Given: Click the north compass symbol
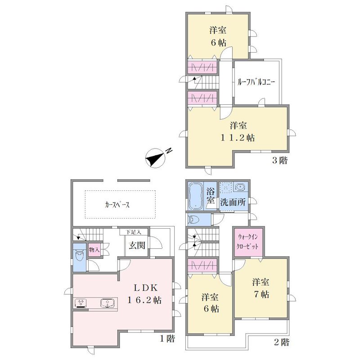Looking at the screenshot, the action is click(156, 158).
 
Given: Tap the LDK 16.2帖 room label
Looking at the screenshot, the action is click(144, 294).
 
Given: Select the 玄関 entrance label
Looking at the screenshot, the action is click(137, 245).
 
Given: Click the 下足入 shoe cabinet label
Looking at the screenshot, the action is click(133, 232).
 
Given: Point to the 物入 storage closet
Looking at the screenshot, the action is click(94, 250).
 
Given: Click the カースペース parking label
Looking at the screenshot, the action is click(117, 205).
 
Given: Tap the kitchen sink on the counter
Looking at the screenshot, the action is click(107, 303).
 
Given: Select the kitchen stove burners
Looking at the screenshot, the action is click(81, 303).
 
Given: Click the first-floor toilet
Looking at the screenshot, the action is click(80, 257).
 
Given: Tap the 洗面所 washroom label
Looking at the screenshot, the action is click(233, 202).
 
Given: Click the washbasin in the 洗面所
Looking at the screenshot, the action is click(239, 187).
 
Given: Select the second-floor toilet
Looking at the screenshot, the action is click(194, 220).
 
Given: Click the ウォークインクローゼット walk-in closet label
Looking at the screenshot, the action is click(248, 242).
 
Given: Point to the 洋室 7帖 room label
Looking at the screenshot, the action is click(261, 288).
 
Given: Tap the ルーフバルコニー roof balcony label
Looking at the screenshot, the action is click(256, 82).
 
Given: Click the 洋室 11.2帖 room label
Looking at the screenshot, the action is click(238, 131).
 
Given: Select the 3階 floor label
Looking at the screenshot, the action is click(279, 160).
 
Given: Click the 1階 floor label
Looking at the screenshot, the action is click(167, 338).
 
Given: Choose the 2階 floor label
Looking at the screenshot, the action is click(282, 342).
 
